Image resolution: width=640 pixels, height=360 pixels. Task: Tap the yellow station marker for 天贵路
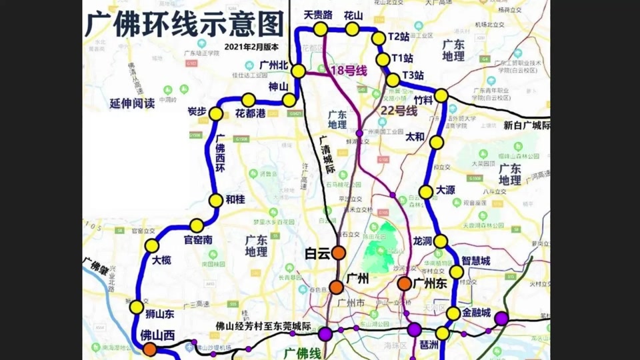tap(321, 29)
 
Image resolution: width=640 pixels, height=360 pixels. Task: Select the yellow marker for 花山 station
tap(352, 29)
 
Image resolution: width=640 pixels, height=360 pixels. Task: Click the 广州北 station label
tap(273, 65)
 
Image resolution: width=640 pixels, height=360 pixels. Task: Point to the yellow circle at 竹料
tap(441, 95)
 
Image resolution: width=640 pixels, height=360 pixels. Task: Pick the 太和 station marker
tap(437, 142)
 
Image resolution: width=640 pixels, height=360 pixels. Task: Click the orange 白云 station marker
tap(339, 253)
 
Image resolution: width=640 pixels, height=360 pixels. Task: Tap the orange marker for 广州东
tap(405, 284)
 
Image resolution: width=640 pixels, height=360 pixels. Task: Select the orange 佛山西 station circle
tap(150, 349)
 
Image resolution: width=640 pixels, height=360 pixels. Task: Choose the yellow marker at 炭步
tap(215, 114)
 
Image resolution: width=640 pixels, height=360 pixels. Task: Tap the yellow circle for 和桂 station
tap(215, 200)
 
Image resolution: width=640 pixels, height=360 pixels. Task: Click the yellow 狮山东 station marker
tap(137, 307)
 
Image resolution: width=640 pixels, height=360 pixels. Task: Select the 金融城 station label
tap(477, 313)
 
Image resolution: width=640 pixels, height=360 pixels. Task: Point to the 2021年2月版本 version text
tap(252, 47)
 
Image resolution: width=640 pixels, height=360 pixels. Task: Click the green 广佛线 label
tap(303, 351)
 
